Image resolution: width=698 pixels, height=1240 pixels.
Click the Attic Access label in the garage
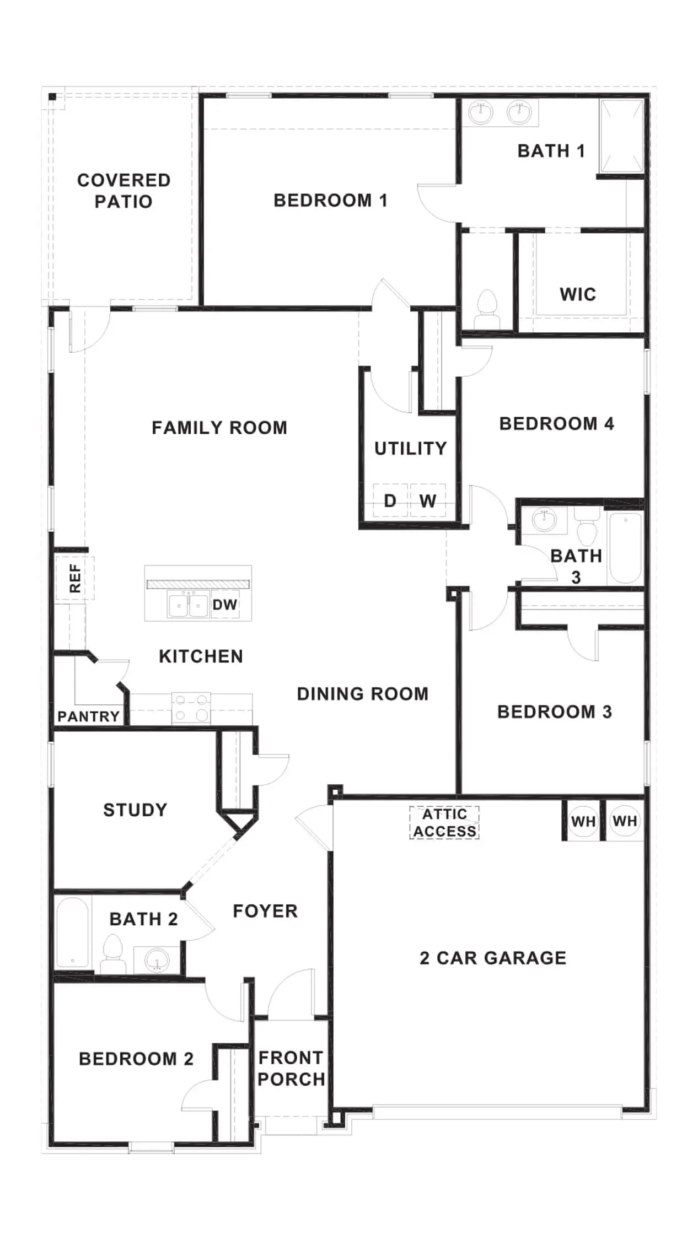[444, 822]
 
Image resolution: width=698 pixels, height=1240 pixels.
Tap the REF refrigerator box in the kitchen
[75, 578]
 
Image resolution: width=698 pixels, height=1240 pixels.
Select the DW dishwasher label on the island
[225, 605]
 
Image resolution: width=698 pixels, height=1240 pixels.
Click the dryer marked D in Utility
[390, 500]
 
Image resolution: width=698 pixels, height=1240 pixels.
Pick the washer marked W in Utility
[428, 500]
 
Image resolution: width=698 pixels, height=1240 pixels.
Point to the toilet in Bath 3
[586, 527]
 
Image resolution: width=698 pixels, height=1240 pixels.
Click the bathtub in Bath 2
[72, 932]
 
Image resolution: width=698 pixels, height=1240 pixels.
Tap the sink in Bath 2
[157, 961]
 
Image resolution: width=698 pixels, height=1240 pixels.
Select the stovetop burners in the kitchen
[191, 708]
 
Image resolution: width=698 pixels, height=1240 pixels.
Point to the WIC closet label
[578, 294]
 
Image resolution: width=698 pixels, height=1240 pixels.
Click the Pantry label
[89, 716]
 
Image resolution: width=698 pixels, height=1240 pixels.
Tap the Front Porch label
[291, 1068]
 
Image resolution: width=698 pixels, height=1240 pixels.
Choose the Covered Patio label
[124, 191]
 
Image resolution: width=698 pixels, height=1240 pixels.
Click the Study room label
[135, 810]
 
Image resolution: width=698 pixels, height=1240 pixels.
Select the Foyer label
[265, 911]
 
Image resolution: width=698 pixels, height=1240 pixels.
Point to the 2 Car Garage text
[493, 958]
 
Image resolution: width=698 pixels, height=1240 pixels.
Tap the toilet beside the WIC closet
[487, 310]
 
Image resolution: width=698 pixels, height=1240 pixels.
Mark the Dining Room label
[363, 694]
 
